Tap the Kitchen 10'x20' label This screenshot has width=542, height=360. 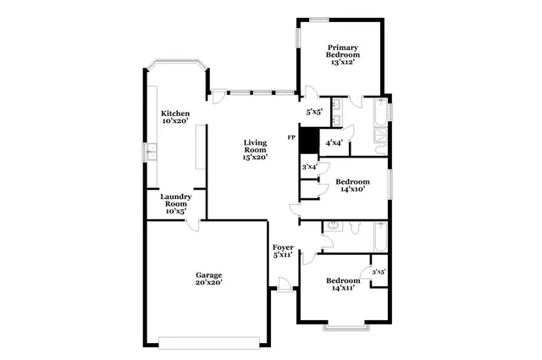click(175, 118)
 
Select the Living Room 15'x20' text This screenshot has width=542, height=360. click(255, 149)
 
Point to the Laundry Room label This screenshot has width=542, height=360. click(175, 203)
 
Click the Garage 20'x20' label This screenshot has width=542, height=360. click(209, 280)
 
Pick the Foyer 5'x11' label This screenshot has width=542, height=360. click(283, 251)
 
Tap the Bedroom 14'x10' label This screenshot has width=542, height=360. click(352, 186)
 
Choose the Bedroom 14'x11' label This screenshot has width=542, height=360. click(342, 284)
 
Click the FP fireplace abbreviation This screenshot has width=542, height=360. click(291, 137)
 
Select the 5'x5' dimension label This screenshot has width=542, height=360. click(314, 112)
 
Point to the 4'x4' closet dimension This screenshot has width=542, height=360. click(334, 143)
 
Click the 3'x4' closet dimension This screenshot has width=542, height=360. click(310, 167)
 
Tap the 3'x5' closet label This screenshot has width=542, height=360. click(379, 272)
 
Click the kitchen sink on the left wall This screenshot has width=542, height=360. click(151, 152)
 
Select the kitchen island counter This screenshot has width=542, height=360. click(201, 146)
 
